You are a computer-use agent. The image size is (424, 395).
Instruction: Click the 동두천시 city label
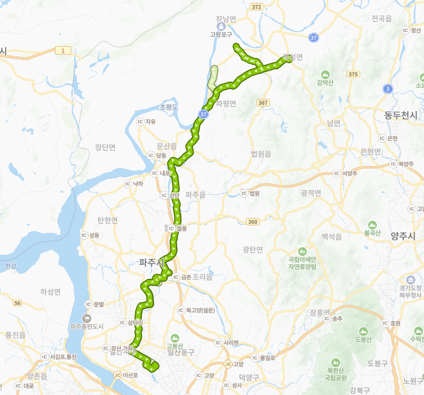click(401, 115)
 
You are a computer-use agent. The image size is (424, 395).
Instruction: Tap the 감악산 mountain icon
click(325, 75)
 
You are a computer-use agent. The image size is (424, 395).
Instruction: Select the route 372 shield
click(256, 7)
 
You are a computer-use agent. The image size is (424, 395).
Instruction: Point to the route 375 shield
click(353, 74)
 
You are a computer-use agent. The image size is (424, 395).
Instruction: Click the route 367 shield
click(263, 102)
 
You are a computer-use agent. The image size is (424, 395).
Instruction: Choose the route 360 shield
click(253, 221)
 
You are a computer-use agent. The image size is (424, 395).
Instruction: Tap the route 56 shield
click(17, 303)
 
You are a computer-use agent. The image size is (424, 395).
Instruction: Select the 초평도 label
click(169, 107)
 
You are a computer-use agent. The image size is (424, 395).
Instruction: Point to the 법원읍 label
click(261, 154)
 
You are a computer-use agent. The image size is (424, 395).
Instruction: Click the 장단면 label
click(105, 147)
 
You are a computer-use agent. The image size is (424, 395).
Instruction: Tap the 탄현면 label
click(107, 220)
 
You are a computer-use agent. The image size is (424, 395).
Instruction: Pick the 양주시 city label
click(403, 236)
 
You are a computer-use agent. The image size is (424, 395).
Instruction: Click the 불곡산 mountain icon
click(372, 225)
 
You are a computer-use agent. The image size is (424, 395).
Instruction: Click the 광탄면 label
click(252, 249)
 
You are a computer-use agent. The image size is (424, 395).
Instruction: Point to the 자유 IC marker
click(140, 121)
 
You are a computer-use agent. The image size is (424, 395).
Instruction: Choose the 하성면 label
click(51, 292)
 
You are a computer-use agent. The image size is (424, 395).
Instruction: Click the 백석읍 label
click(332, 236)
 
